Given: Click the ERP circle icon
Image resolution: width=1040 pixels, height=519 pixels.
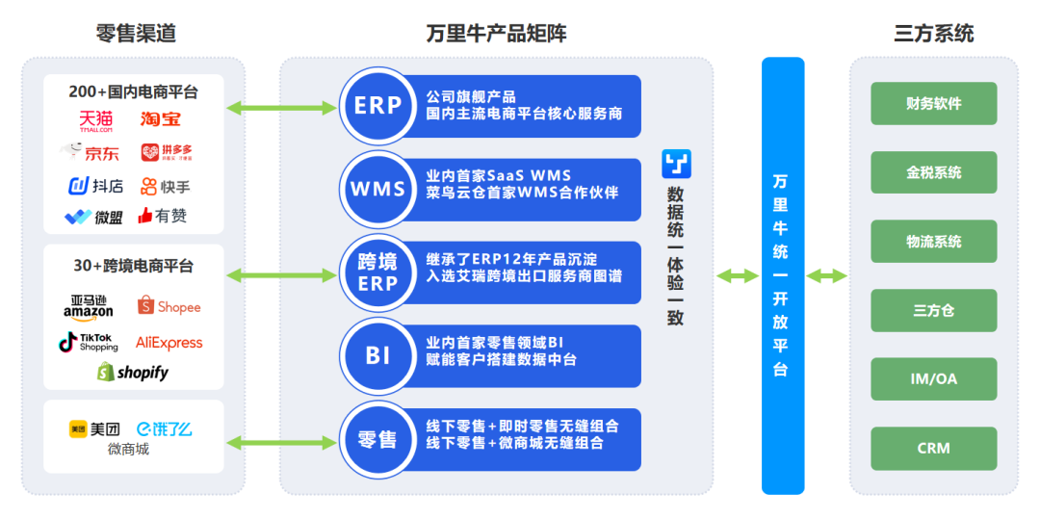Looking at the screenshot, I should (x=377, y=106).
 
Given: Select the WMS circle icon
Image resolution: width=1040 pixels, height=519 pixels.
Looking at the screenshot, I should (x=377, y=189).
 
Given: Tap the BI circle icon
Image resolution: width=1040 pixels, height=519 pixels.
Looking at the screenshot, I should (x=377, y=355).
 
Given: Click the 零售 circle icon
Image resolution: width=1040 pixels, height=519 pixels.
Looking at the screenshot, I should (x=377, y=439).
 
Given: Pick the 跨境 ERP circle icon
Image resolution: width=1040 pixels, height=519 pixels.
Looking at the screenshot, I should (x=377, y=272).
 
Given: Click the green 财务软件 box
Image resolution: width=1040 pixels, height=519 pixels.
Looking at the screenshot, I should (x=933, y=104).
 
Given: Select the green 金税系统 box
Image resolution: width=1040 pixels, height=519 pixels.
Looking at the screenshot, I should (x=933, y=173).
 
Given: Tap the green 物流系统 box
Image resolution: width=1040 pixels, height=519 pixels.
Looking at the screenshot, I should (x=933, y=242).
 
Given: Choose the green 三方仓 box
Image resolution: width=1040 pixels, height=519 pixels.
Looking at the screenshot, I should (x=933, y=311).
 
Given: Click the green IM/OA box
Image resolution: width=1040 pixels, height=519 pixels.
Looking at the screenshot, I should (x=933, y=379).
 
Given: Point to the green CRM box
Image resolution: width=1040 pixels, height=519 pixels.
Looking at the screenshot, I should (x=933, y=448).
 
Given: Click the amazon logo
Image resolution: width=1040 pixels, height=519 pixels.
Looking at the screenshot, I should (x=89, y=306).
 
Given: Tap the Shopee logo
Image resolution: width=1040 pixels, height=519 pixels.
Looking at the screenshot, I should (x=169, y=306).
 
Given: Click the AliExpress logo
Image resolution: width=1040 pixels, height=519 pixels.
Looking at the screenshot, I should (x=169, y=342).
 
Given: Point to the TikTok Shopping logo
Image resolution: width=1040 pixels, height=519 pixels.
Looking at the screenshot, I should (x=89, y=342).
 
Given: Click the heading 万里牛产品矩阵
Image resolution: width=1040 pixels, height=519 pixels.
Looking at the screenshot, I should (x=496, y=34).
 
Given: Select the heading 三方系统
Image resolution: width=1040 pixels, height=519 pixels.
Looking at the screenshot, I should (x=933, y=34).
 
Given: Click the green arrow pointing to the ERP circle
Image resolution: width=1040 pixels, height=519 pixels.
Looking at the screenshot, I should (x=280, y=106).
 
